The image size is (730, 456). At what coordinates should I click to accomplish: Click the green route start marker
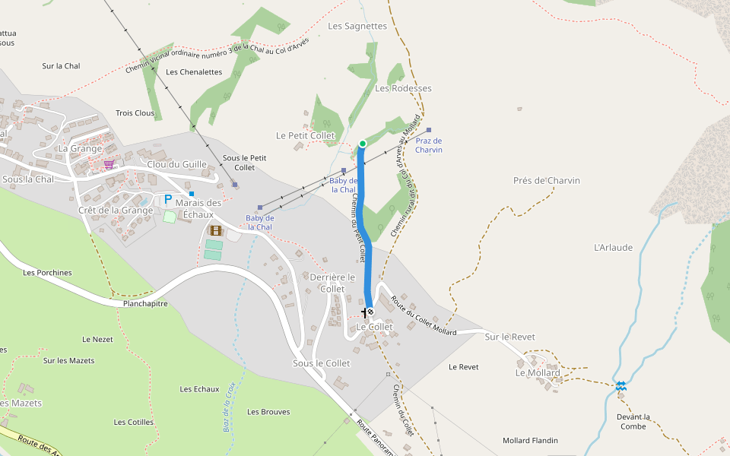[x=363, y=144]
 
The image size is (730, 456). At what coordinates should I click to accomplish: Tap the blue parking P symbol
[x=167, y=200]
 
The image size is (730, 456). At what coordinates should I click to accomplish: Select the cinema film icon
[x=217, y=230]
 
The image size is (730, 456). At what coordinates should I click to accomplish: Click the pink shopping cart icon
[x=109, y=163]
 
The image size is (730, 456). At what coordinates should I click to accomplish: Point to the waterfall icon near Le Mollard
[x=621, y=386]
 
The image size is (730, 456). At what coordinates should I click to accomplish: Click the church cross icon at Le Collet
[x=363, y=312]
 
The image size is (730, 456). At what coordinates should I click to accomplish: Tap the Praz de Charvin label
[x=429, y=145]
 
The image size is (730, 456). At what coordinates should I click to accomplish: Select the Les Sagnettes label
[x=357, y=26]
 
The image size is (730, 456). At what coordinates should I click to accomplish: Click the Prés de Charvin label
[x=547, y=180]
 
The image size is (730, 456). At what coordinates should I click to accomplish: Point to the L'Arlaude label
[x=613, y=247]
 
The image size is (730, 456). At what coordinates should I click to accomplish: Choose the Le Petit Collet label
[x=305, y=135]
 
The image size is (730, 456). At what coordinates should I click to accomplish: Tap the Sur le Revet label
[x=509, y=337]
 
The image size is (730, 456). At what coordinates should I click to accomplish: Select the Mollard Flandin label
[x=530, y=440]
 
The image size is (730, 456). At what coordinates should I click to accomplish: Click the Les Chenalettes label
[x=194, y=72]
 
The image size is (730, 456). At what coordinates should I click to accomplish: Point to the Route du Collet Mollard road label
[x=424, y=315]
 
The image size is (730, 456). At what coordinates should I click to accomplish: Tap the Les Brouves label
[x=268, y=412]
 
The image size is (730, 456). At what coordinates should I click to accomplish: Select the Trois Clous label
[x=135, y=113]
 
